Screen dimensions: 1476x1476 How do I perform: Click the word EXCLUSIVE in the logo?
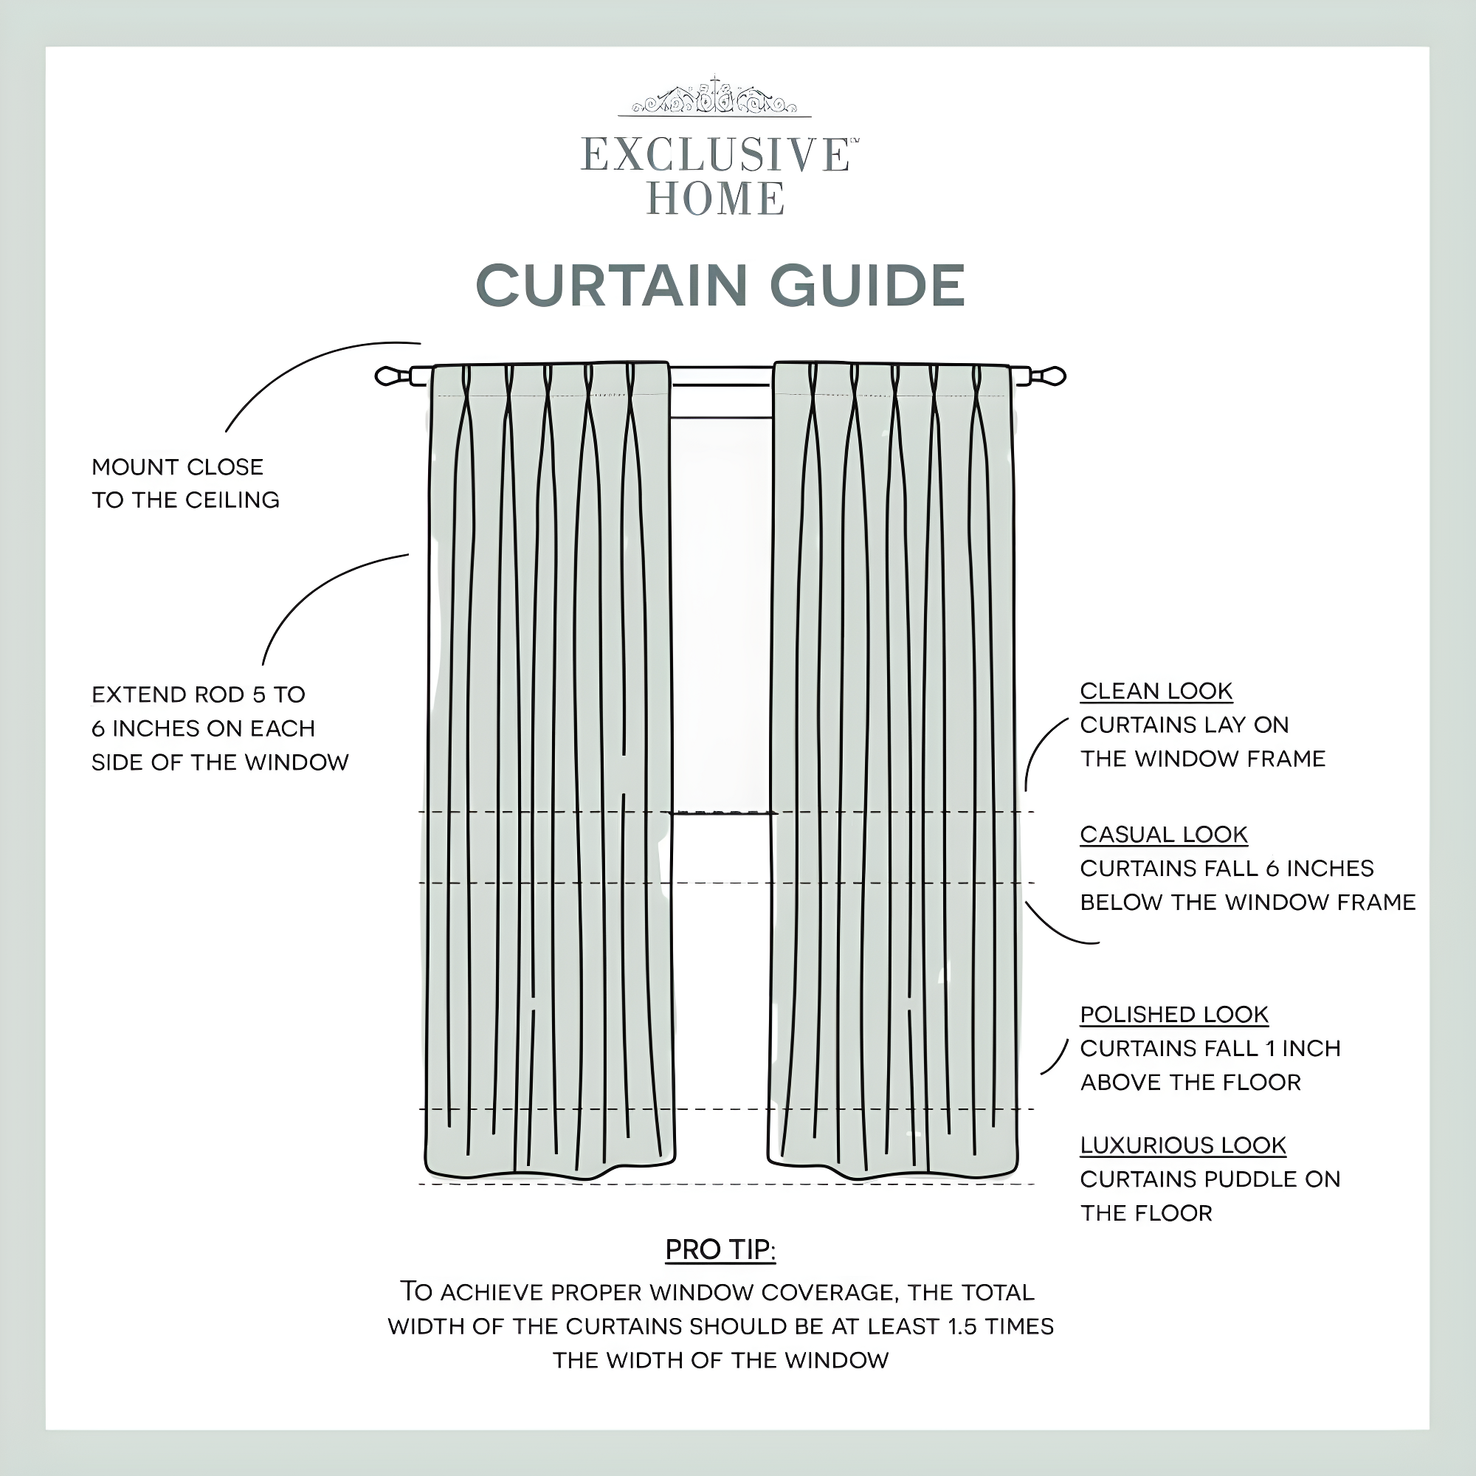click(714, 155)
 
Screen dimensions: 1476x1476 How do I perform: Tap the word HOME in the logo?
click(715, 199)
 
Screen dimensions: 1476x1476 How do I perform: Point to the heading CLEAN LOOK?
click(1155, 692)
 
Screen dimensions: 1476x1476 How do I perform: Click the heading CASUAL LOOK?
click(1163, 835)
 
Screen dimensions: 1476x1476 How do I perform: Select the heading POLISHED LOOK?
click(1173, 1015)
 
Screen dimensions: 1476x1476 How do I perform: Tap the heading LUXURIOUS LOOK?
click(1182, 1145)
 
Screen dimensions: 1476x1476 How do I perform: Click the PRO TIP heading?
click(720, 1250)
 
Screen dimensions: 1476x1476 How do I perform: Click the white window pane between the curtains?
click(721, 611)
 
